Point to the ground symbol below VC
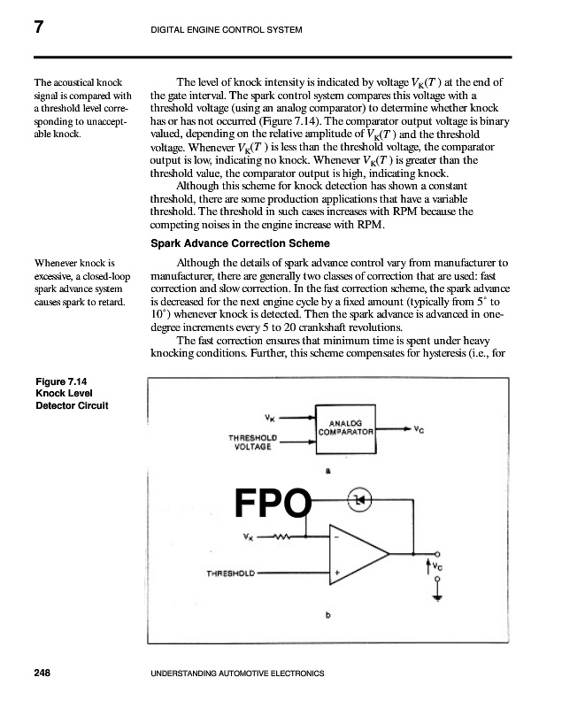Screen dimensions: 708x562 pyautogui.click(x=435, y=599)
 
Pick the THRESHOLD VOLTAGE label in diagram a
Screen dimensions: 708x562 pyautogui.click(x=252, y=442)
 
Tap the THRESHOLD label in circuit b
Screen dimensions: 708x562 pyautogui.click(x=231, y=573)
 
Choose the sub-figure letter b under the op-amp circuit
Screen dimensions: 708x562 pyautogui.click(x=328, y=617)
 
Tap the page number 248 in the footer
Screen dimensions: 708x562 pyautogui.click(x=42, y=673)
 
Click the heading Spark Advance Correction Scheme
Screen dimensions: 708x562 pyautogui.click(x=241, y=242)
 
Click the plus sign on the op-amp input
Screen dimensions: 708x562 pyautogui.click(x=337, y=573)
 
